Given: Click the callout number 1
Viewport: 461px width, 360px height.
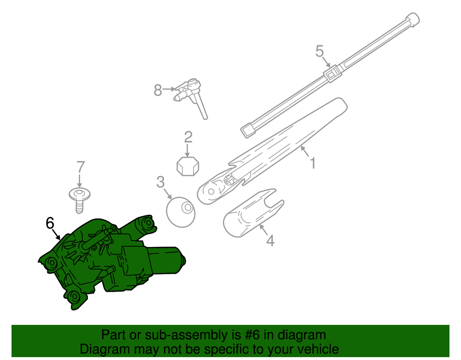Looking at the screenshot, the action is pyautogui.click(x=313, y=163).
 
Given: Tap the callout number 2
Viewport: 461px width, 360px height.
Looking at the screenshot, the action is pyautogui.click(x=188, y=137).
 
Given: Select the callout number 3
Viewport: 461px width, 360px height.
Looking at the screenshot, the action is pyautogui.click(x=160, y=182).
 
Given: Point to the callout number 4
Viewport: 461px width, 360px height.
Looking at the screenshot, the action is pyautogui.click(x=270, y=240).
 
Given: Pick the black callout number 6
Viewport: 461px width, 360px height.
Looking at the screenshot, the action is pyautogui.click(x=50, y=223).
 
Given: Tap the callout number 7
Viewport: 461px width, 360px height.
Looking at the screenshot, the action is pyautogui.click(x=81, y=167).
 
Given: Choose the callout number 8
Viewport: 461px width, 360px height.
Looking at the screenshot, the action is pyautogui.click(x=158, y=90).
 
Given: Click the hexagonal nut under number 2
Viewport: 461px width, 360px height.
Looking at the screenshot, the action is pyautogui.click(x=188, y=166).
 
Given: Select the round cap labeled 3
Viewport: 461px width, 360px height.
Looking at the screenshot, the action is pyautogui.click(x=181, y=212).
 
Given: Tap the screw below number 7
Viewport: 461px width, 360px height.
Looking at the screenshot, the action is pyautogui.click(x=79, y=200).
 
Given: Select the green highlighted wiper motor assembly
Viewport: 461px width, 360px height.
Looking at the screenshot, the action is pyautogui.click(x=112, y=259).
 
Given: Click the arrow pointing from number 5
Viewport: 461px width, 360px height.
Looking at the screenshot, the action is pyautogui.click(x=326, y=62).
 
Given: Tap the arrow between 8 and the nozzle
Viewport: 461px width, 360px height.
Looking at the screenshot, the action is pyautogui.click(x=169, y=88).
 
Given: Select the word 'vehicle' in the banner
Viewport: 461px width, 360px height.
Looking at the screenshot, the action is pyautogui.click(x=320, y=349).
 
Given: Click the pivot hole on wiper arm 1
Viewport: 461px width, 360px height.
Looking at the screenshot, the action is pyautogui.click(x=211, y=192).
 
